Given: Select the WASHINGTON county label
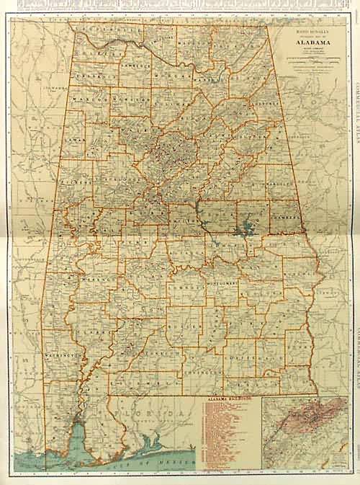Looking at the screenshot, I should [61, 356].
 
